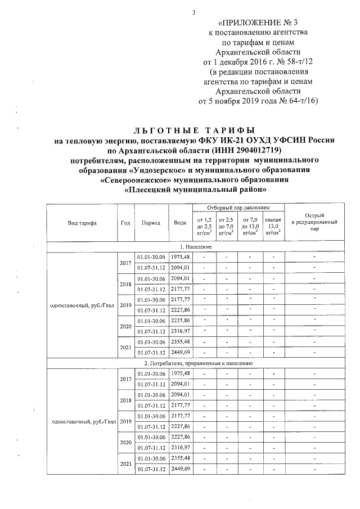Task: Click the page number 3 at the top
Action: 193,13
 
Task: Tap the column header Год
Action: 125,223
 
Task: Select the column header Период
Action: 151,223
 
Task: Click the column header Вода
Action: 180,223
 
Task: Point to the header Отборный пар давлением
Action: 238,208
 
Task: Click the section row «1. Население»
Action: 195,247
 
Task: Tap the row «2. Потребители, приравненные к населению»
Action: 195,364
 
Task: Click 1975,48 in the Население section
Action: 180,257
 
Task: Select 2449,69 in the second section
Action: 180,469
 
